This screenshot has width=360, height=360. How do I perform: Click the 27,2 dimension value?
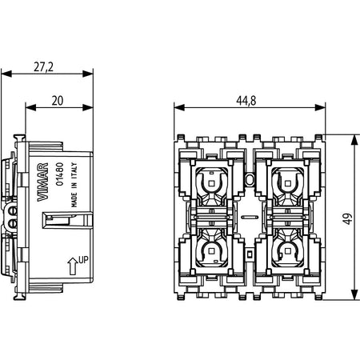coord(43,66)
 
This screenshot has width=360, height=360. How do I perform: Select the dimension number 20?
coord(58,101)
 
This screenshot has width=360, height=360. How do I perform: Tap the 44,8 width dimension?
coord(246,101)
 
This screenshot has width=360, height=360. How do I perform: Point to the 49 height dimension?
coord(347,218)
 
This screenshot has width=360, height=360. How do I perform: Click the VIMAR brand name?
coord(42,182)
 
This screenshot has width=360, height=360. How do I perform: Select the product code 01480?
coord(60,174)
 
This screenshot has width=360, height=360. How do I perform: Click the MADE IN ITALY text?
coord(74,185)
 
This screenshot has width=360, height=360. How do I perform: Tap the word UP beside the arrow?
coord(83,259)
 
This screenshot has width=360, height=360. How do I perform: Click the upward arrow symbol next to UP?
coord(73,266)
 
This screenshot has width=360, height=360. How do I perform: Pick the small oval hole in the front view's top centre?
coord(250,180)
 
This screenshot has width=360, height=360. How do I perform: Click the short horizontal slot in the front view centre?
coord(250,217)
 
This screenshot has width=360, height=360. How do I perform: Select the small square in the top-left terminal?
coord(211,183)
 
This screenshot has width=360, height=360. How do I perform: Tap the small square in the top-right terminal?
coord(287,183)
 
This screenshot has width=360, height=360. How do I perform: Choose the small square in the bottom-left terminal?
coord(211,251)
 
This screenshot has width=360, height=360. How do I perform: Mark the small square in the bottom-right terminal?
coord(287,251)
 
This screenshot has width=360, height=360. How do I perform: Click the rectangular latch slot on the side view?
coord(68,220)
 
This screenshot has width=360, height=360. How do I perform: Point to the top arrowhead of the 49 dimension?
coord(354,139)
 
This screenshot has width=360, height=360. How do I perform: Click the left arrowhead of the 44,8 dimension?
coord(179,108)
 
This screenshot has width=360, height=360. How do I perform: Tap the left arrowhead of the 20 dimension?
coord(30,108)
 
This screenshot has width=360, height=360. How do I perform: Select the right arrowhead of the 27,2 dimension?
coord(88,74)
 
